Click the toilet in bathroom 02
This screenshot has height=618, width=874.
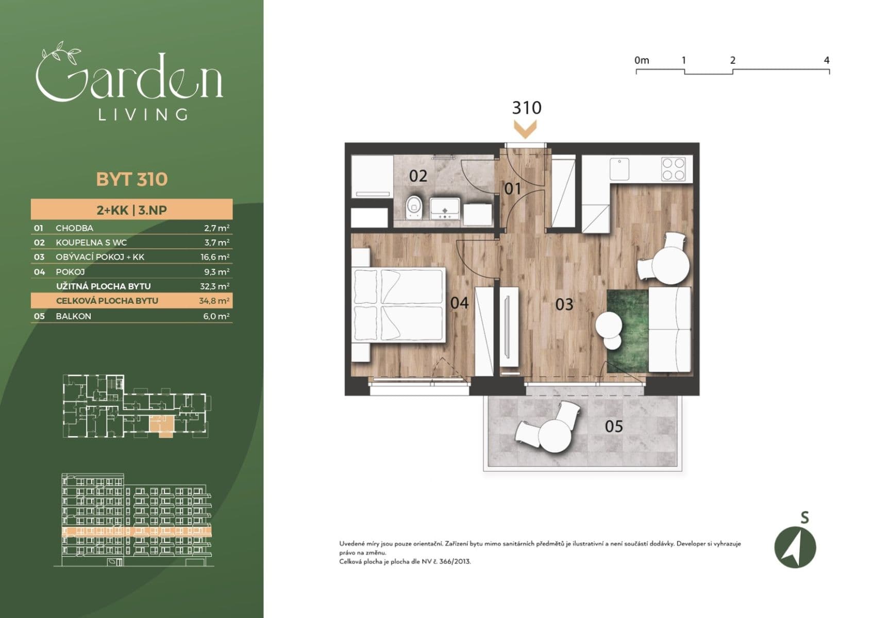[413, 207]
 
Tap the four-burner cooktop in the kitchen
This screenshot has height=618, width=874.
[674, 169]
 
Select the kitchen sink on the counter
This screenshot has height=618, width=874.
[619, 169]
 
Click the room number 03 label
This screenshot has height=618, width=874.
[564, 305]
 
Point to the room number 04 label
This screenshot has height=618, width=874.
[459, 303]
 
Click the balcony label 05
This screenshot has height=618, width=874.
[614, 426]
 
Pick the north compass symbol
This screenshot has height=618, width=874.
[795, 547]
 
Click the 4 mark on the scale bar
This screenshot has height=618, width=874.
[827, 60]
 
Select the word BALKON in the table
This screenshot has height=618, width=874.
[73, 316]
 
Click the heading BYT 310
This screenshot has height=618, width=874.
[132, 179]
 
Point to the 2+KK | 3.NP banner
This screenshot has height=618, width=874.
[132, 210]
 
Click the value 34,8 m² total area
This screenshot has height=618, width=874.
[214, 301]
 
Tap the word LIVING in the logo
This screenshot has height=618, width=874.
[143, 114]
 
